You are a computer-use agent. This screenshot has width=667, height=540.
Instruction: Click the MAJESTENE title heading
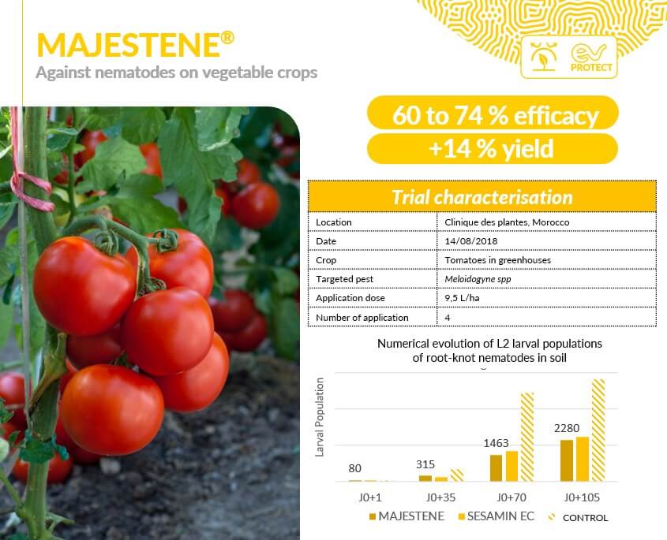tap(135, 45)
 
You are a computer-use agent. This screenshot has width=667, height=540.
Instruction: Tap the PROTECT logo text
tap(591, 68)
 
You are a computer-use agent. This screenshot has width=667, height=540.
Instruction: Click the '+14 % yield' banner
tap(493, 149)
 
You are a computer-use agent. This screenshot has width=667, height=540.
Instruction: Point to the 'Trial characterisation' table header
tap(482, 197)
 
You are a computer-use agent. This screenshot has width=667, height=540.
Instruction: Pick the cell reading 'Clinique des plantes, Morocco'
tap(507, 222)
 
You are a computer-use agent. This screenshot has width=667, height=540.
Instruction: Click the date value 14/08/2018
tap(471, 241)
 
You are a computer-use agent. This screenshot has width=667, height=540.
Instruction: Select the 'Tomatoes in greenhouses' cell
tap(498, 260)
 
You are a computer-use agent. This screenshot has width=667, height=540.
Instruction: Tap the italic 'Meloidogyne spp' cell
tap(478, 279)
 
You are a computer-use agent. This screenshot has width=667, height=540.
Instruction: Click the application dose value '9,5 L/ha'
tap(462, 298)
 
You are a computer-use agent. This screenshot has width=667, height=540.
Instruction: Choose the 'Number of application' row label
tap(362, 318)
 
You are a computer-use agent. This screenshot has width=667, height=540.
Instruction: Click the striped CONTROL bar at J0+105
tap(598, 430)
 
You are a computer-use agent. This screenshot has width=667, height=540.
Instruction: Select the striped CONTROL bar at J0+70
tap(527, 437)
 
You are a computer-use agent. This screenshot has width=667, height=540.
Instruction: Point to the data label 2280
tap(567, 428)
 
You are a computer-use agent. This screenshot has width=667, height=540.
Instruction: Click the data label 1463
tap(496, 443)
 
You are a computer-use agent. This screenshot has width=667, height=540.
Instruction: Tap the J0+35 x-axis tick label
tap(440, 497)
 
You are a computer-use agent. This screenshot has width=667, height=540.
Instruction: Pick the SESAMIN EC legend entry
tap(496, 516)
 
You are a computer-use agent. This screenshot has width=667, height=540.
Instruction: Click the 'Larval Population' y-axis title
tap(320, 417)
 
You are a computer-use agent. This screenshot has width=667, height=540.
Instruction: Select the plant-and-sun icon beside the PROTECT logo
tap(543, 56)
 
